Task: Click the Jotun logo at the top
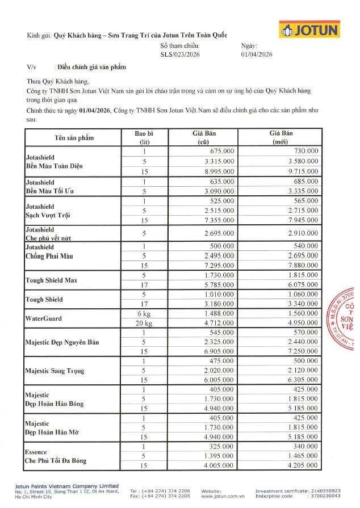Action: (x=309, y=30)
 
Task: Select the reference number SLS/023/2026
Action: (x=179, y=55)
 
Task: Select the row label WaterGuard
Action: (x=43, y=318)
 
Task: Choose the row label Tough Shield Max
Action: (x=51, y=280)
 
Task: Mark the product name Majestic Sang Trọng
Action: (x=55, y=371)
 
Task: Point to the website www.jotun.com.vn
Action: (x=218, y=496)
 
